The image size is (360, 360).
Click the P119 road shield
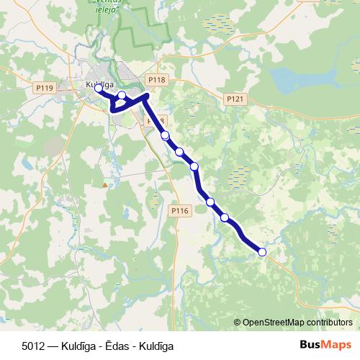45,88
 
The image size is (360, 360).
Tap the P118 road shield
156,80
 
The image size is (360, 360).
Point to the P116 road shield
180,210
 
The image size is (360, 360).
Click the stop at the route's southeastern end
262,252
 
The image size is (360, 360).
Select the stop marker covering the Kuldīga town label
98,89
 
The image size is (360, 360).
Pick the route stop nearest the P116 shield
210,202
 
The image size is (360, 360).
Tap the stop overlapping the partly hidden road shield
165,135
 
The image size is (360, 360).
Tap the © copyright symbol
238,323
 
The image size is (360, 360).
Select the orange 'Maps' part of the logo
334,345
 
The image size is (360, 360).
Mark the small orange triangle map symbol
105,184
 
